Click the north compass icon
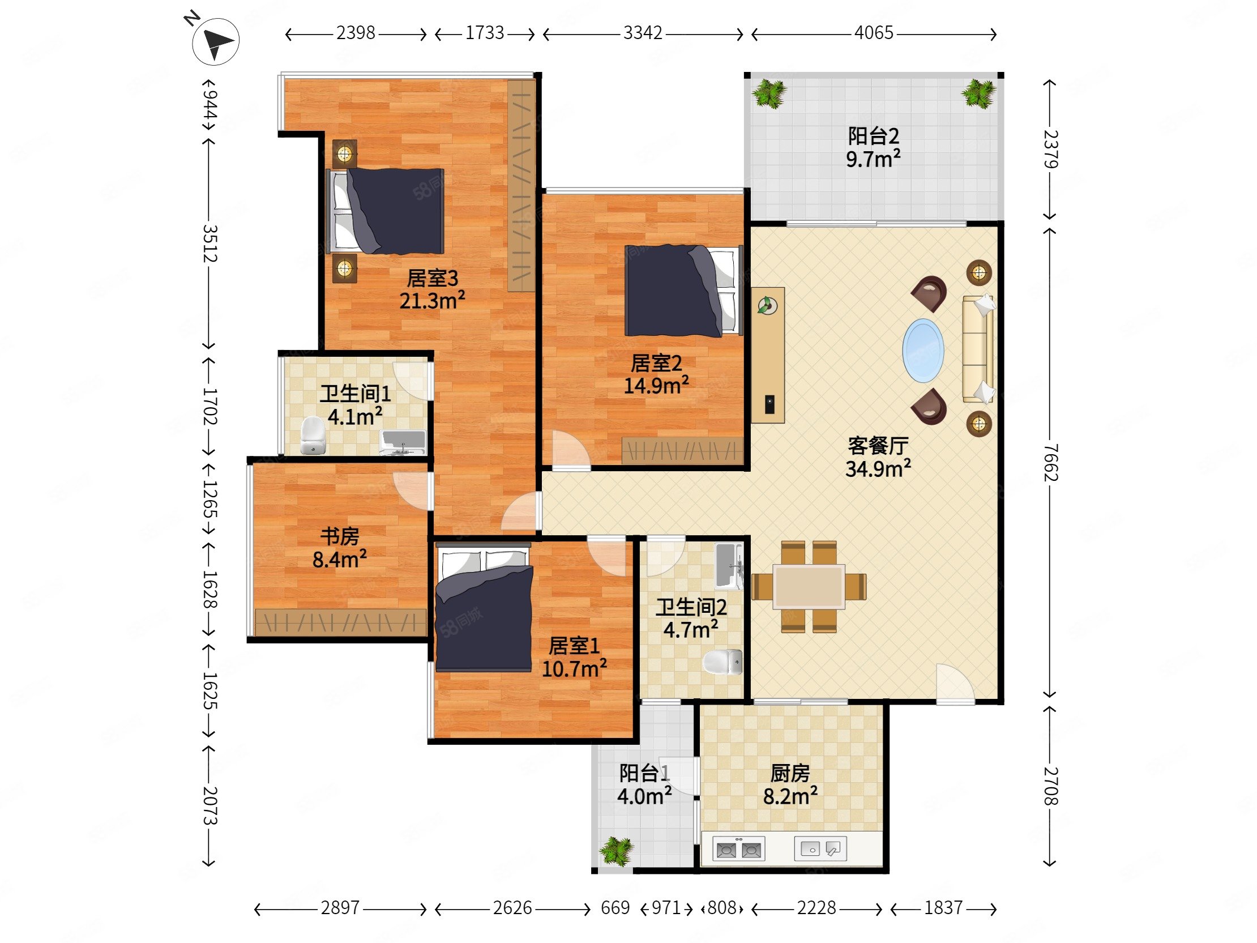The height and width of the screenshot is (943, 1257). tap(215, 41)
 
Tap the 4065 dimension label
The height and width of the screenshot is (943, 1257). tap(874, 33)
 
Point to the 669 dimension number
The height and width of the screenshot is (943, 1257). tap(615, 908)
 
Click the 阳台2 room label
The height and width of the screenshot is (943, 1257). tap(874, 136)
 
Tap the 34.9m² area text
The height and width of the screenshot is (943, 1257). tap(878, 469)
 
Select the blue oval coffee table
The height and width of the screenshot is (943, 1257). tap(923, 351)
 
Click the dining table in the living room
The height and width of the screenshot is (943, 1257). tap(809, 587)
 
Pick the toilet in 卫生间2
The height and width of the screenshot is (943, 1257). tap(722, 662)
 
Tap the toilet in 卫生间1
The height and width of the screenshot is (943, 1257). tap(311, 436)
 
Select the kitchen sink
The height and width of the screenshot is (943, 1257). tap(820, 848)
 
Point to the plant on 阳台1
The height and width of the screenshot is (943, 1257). tap(617, 851)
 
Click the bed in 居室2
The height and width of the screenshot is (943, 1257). tap(683, 290)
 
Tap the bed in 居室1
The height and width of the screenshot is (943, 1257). tap(484, 607)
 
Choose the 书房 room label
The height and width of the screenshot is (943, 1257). tap(339, 536)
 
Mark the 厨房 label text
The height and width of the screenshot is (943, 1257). tap(790, 773)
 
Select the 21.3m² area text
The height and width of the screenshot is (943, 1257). tap(432, 300)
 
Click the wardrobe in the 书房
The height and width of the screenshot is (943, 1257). tap(340, 622)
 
